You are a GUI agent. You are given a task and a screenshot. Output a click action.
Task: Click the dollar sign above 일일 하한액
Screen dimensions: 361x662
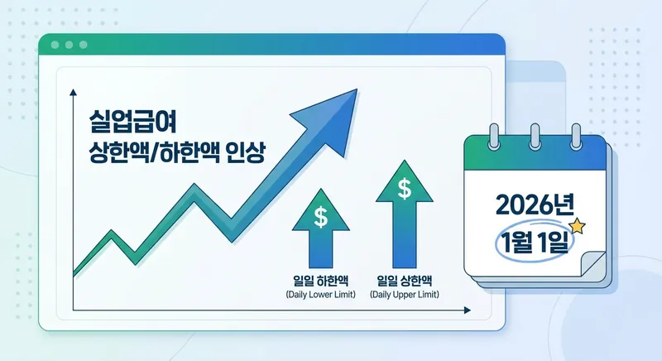point(320,218)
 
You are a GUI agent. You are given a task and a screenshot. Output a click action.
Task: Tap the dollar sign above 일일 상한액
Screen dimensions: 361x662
point(405,189)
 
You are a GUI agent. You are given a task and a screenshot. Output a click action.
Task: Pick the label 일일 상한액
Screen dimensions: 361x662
point(405,280)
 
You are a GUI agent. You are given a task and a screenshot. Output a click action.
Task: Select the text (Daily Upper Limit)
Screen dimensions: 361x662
point(405,295)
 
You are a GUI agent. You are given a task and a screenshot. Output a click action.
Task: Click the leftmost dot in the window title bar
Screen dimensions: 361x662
point(55,44)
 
